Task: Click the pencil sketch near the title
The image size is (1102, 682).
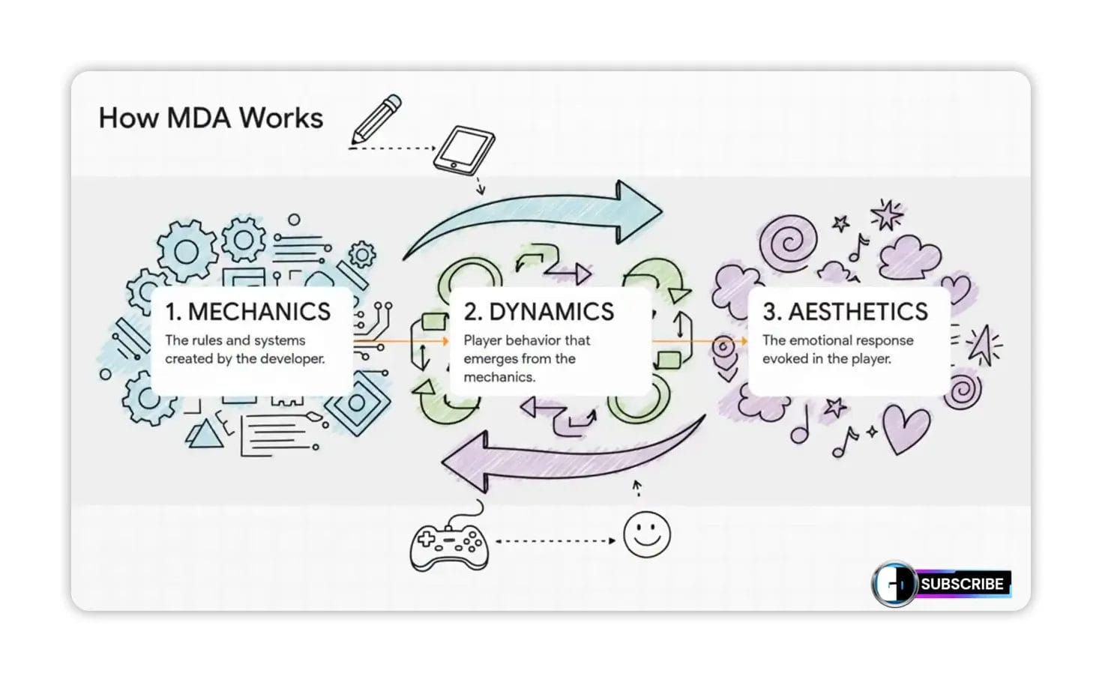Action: click(x=377, y=118)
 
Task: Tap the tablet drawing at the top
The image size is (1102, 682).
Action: click(x=466, y=151)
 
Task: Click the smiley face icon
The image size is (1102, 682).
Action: click(x=647, y=534)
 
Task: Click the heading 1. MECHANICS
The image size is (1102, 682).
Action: click(x=248, y=312)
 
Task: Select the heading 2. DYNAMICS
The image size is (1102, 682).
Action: click(x=539, y=312)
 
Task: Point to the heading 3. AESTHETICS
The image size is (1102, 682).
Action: click(x=845, y=312)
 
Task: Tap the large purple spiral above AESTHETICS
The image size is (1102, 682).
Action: click(x=787, y=244)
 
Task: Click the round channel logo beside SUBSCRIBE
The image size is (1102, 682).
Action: click(x=895, y=584)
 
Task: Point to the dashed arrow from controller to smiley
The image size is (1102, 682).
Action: click(x=555, y=540)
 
